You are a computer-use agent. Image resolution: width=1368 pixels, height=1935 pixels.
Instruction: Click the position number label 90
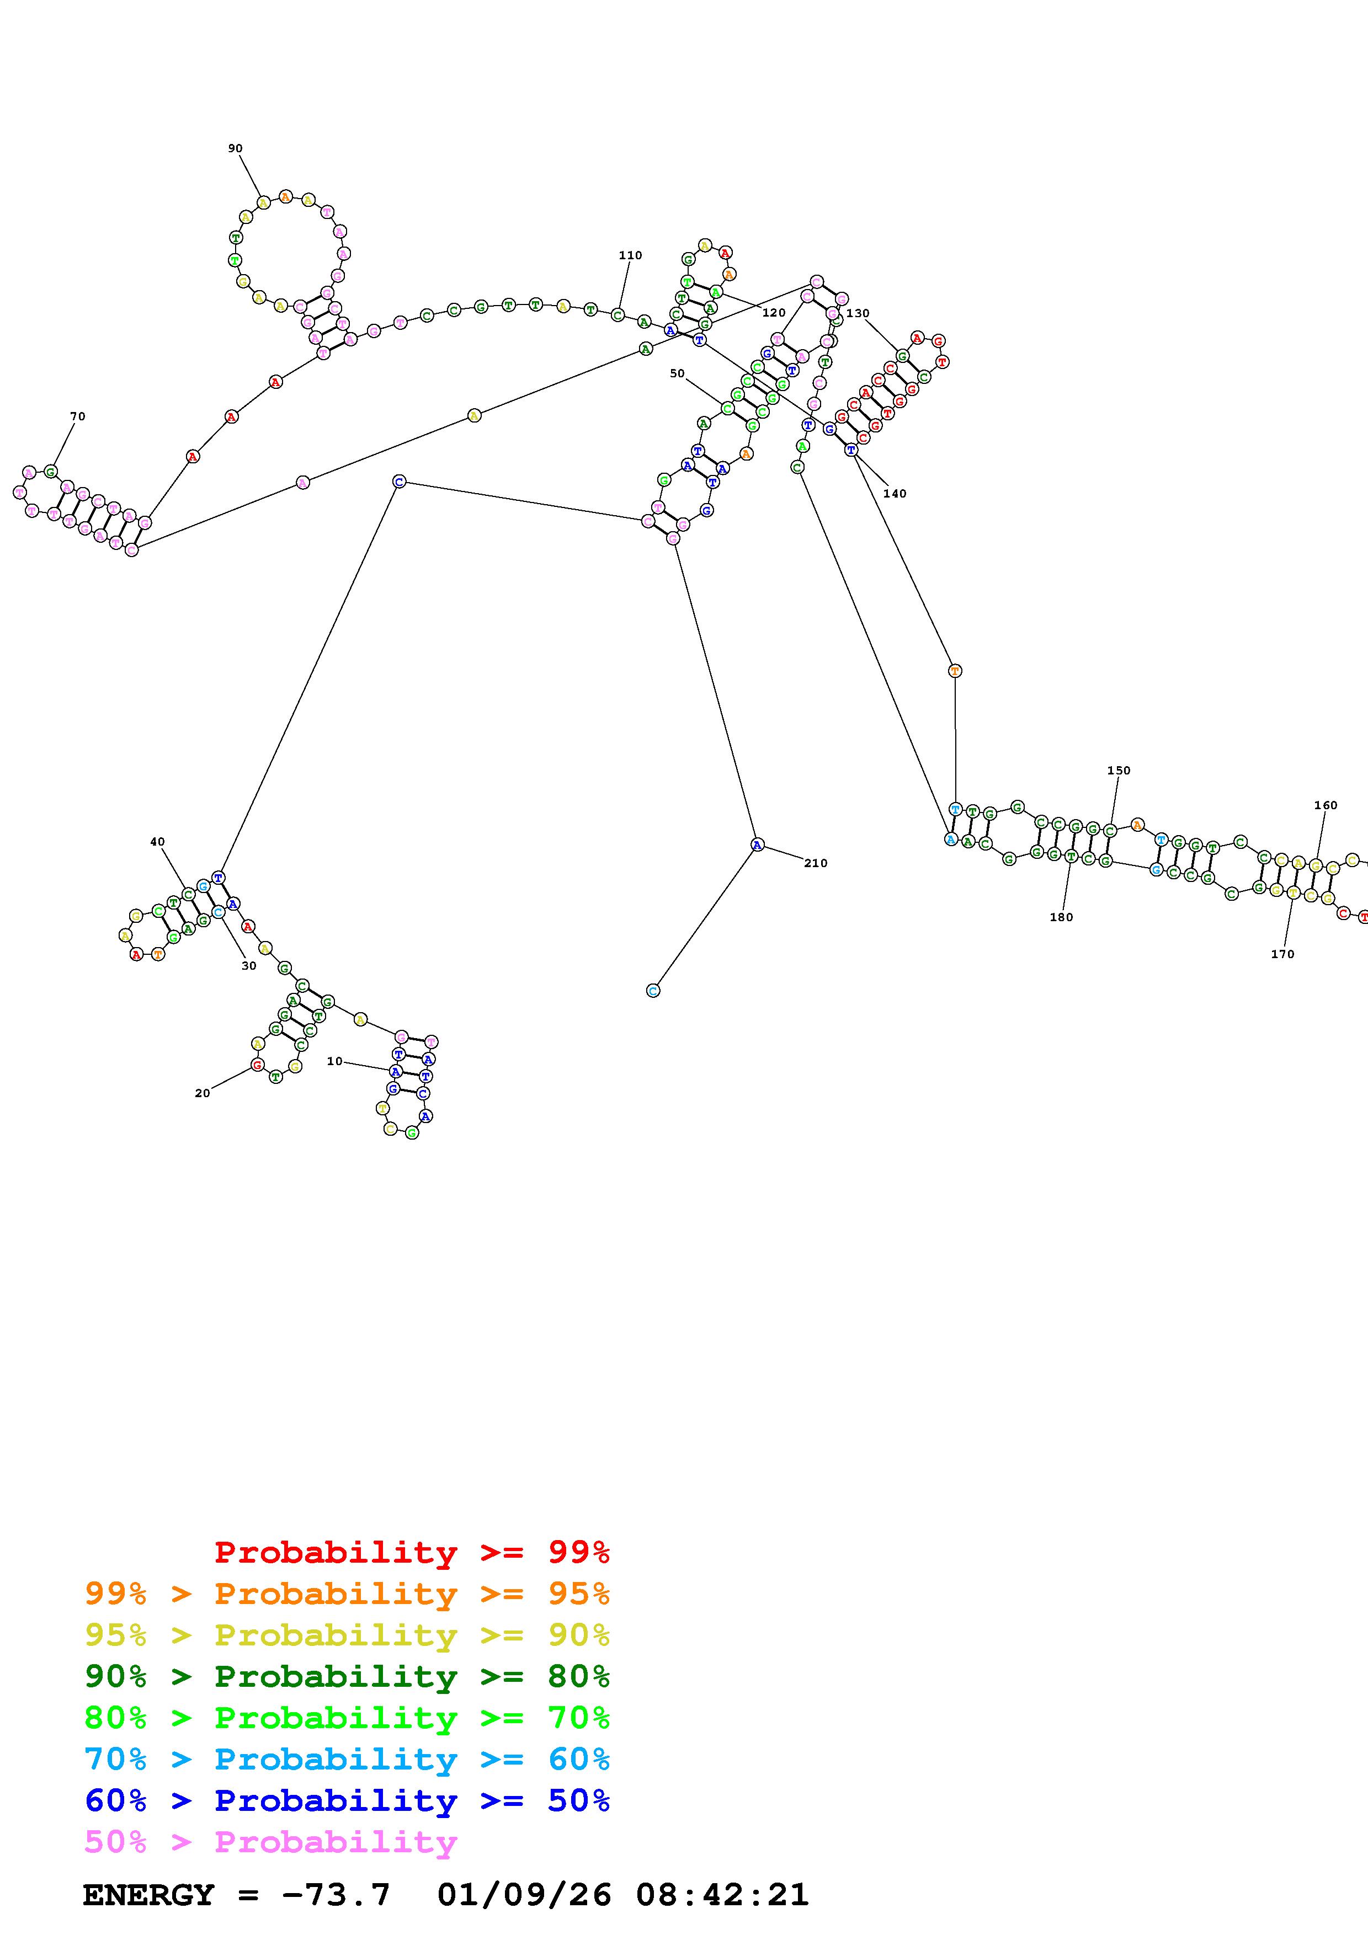click(235, 148)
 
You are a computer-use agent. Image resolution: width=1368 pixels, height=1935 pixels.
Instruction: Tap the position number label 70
click(78, 416)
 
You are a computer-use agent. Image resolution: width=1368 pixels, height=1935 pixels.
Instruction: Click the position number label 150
click(1119, 770)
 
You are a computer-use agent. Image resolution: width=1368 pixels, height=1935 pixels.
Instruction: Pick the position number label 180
click(1061, 917)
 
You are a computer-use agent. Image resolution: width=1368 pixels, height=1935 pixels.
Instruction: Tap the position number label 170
click(1282, 954)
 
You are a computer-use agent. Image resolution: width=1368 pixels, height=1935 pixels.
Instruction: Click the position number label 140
click(895, 494)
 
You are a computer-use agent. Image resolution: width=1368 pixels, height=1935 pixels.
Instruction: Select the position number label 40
click(158, 841)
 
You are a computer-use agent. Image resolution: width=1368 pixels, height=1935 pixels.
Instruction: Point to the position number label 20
click(203, 1093)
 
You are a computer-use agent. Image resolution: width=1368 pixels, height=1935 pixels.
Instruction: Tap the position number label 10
click(334, 1061)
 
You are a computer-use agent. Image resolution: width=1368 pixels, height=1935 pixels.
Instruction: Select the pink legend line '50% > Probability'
click(270, 1841)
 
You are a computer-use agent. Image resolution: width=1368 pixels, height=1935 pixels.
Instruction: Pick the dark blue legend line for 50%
click(347, 1800)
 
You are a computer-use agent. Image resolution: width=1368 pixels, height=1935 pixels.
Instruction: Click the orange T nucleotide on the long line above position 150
click(954, 671)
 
